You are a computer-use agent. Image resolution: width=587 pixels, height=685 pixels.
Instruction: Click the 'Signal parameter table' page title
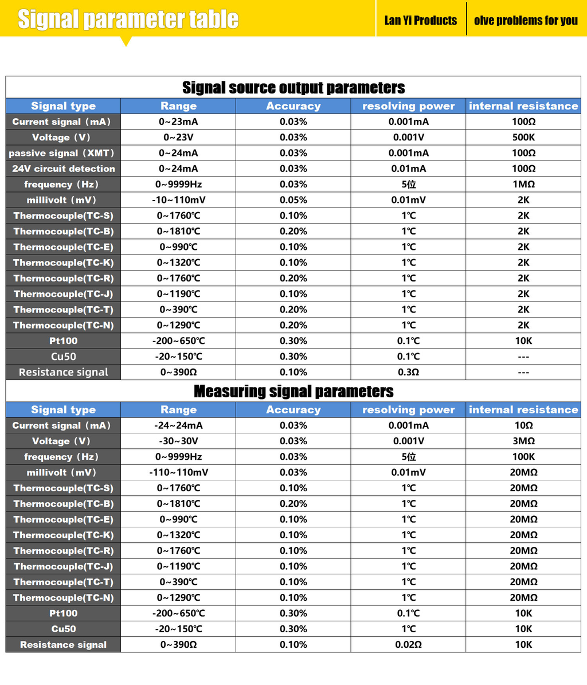click(128, 19)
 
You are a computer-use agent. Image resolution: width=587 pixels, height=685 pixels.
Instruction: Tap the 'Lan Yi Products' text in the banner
click(420, 21)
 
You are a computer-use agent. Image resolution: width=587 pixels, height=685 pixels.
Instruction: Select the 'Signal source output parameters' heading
click(293, 88)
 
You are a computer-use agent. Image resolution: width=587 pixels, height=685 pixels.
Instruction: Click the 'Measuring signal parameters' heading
click(293, 392)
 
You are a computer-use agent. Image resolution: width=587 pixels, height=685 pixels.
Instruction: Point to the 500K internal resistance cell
click(523, 138)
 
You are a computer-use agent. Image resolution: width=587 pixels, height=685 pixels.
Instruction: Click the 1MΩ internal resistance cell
click(523, 185)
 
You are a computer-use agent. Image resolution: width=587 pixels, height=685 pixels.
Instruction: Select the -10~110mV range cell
click(178, 200)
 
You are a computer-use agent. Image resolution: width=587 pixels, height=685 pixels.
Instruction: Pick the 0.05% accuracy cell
click(293, 200)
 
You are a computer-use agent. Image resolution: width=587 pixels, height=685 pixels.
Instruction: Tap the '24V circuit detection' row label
click(63, 169)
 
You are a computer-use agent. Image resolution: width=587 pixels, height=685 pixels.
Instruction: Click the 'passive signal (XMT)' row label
click(63, 153)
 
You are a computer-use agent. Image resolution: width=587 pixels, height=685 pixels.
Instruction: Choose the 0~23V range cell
click(178, 138)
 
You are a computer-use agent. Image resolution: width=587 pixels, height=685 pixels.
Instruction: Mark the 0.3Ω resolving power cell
click(408, 372)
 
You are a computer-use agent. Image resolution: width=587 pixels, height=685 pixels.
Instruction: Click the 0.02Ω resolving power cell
click(408, 644)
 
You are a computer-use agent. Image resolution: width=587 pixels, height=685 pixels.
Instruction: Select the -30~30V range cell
click(178, 441)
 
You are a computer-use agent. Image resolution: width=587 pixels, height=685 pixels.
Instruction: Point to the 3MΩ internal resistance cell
click(523, 441)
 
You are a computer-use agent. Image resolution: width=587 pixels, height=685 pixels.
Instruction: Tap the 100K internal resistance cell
click(523, 457)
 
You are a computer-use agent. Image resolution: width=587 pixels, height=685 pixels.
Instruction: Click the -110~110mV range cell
click(178, 472)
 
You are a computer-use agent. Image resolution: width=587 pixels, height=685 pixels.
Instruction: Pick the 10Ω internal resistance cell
click(523, 425)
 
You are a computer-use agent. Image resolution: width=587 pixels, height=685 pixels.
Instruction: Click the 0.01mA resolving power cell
click(408, 169)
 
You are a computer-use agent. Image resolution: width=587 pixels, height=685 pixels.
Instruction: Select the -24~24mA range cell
click(178, 425)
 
